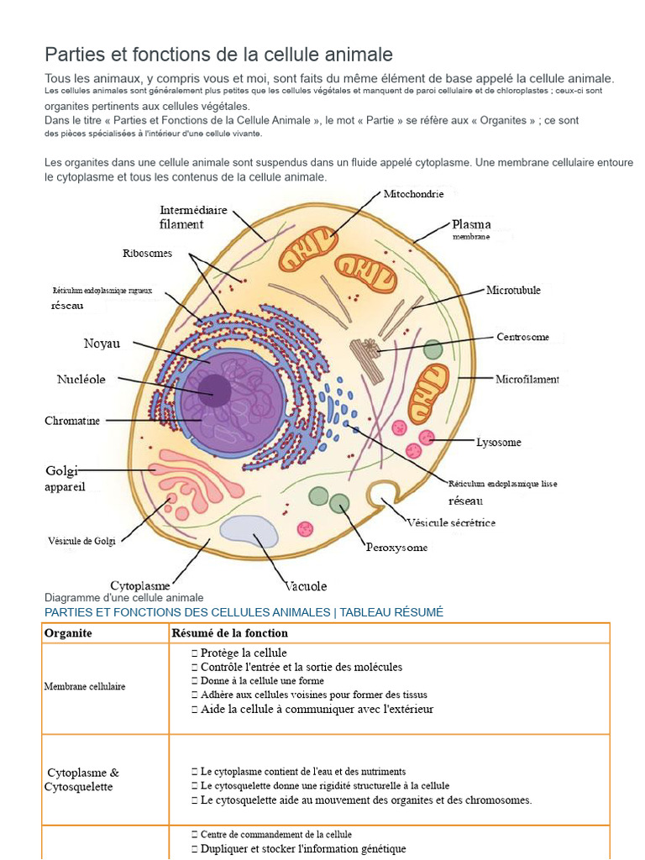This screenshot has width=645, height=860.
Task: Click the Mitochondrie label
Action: [x=413, y=194]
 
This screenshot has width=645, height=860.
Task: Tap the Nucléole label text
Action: [x=81, y=379]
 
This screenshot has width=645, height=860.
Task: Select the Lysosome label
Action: [x=498, y=442]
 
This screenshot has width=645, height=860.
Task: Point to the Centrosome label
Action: [x=522, y=337]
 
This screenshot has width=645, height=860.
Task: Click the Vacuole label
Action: [x=306, y=585]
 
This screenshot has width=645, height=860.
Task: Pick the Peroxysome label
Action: [x=396, y=547]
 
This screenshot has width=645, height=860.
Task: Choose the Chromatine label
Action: [x=72, y=421]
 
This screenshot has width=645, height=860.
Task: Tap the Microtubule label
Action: [x=513, y=290]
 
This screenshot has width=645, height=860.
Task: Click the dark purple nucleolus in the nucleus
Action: [x=215, y=390]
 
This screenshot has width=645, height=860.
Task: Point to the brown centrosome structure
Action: [x=367, y=359]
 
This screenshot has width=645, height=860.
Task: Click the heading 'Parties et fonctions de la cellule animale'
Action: [x=218, y=55]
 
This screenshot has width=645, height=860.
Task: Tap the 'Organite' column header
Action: [x=68, y=633]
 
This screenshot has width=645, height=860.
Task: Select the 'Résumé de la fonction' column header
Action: [x=230, y=633]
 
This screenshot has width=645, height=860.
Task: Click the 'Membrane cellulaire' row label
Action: [x=85, y=686]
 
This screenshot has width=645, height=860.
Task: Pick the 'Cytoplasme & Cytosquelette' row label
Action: [x=81, y=779]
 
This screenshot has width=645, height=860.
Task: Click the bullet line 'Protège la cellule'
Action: [x=239, y=653]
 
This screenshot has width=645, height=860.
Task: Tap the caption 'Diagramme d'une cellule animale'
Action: [x=124, y=597]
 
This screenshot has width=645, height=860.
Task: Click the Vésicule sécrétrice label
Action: [x=451, y=522]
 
